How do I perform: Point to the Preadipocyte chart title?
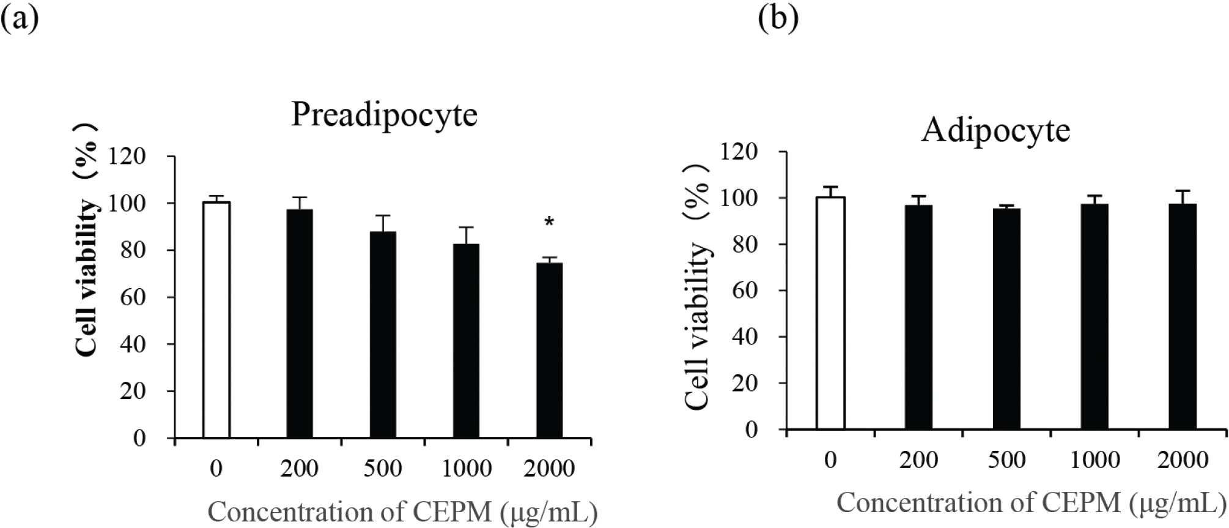tap(383, 114)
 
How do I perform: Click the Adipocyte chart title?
tap(995, 131)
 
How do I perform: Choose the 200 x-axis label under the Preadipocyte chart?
tap(300, 469)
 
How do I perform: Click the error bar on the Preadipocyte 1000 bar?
tap(466, 235)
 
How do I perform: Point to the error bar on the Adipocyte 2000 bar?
tap(1183, 197)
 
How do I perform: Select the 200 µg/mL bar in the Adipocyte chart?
tap(918, 317)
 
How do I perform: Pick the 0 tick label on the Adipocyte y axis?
tap(752, 429)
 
